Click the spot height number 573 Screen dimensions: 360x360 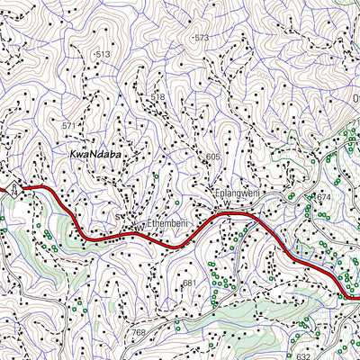tap(201, 38)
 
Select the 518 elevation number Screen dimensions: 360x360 tap(158, 96)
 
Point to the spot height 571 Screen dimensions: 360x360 tap(70, 126)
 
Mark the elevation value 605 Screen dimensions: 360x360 tap(212, 157)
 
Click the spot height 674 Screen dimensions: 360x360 tap(324, 196)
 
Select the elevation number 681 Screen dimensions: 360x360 tap(189, 283)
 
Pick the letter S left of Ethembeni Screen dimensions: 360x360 tap(118, 218)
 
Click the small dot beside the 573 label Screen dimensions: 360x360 tap(191, 38)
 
